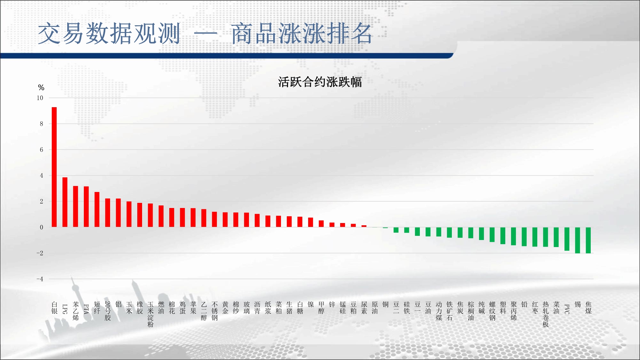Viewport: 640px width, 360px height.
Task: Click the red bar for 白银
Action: (54, 167)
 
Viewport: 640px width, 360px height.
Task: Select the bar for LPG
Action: (65, 202)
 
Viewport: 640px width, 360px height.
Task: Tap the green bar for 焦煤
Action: (588, 240)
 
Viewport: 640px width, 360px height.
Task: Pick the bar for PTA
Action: (86, 207)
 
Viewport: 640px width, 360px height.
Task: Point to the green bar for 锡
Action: (578, 240)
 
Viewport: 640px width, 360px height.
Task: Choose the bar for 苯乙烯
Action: (76, 206)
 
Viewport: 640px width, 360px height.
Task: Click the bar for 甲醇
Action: (321, 224)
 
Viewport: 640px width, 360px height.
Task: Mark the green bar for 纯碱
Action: (481, 234)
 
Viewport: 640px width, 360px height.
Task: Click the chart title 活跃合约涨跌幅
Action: (320, 82)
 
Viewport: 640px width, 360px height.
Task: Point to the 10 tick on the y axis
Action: (40, 98)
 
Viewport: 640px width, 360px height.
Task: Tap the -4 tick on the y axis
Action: (40, 279)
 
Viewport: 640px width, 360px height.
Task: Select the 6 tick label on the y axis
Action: (41, 150)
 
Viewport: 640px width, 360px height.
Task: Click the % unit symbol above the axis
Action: (41, 87)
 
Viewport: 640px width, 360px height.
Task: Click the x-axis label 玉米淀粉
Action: (150, 314)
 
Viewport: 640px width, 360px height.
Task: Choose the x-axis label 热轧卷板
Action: (546, 314)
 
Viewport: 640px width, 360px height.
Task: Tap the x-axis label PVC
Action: (567, 309)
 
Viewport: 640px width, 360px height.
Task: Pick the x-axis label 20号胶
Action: (108, 311)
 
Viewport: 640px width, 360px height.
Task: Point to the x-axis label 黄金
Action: (225, 308)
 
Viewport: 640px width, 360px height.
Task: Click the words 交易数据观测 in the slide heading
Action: (109, 33)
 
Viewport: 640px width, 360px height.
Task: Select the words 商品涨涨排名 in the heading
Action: (301, 33)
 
